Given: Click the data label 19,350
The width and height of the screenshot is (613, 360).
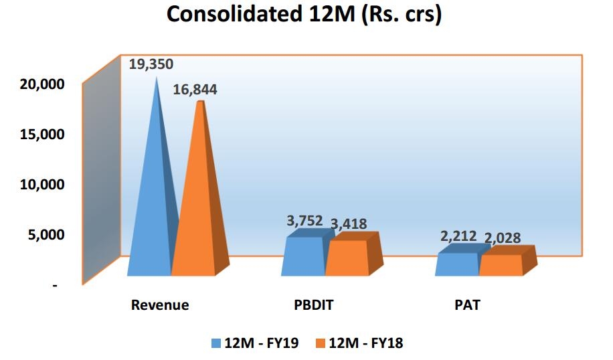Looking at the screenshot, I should coord(151,64).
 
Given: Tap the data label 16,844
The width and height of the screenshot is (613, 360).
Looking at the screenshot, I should coord(195,90).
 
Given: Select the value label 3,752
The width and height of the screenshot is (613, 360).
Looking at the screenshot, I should coord(304,221).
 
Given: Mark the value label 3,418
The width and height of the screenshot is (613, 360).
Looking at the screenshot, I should coord(349,223).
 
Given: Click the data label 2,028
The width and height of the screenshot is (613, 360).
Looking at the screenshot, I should coord(502,238).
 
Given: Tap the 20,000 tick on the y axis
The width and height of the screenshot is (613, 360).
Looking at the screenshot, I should coord(43,84).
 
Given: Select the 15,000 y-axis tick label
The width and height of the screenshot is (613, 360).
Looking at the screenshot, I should coord(43,134).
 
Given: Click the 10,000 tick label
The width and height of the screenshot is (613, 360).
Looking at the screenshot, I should coord(43,184).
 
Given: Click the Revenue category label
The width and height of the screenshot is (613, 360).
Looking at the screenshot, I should coord(160,305).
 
